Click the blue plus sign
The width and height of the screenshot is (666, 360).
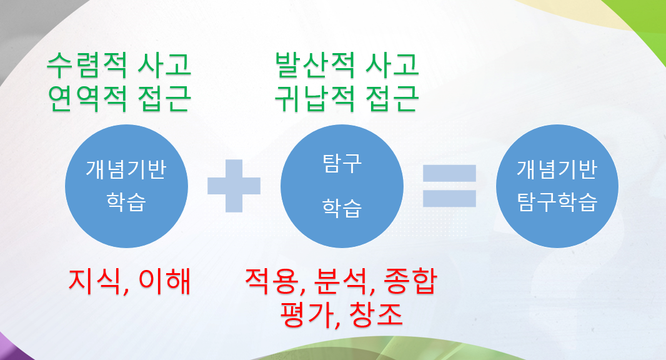tap(234, 186)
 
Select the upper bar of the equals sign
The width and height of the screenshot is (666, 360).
tap(450, 173)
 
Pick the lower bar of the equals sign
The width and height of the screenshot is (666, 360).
tap(450, 198)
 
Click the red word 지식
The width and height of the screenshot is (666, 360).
tap(95, 281)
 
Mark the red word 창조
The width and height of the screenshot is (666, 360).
tap(375, 314)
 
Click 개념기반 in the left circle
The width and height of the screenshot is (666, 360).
tap(126, 170)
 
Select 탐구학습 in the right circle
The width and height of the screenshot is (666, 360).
tap(557, 202)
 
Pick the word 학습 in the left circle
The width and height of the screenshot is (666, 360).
tap(126, 203)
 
